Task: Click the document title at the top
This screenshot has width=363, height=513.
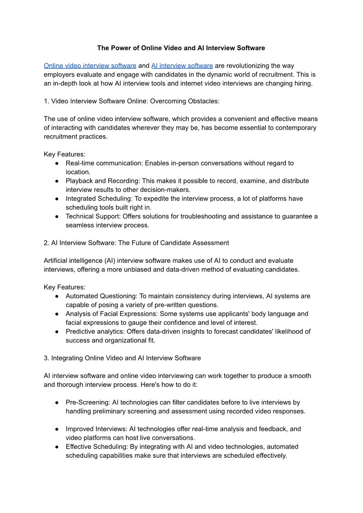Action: (x=181, y=48)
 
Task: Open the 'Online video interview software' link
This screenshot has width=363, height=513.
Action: (x=90, y=65)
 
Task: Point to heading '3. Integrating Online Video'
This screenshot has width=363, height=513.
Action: (x=122, y=358)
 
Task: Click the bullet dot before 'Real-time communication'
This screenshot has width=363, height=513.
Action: (x=57, y=163)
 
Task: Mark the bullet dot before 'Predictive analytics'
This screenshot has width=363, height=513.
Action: (x=57, y=332)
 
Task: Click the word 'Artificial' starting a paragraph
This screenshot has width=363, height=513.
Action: (x=57, y=260)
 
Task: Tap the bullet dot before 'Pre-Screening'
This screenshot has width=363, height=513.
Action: (x=57, y=403)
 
